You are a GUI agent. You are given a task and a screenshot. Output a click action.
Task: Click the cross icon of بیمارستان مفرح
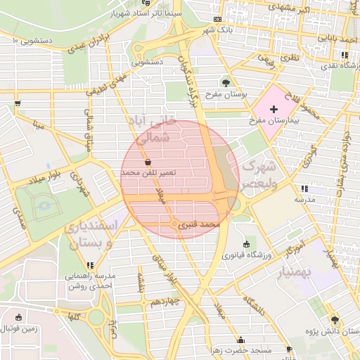[274, 110]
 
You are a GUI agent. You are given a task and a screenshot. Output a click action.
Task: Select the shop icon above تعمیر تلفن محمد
[147, 162]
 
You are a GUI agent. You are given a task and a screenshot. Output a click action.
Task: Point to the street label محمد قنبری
[200, 225]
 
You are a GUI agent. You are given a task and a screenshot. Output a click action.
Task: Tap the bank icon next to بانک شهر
[218, 19]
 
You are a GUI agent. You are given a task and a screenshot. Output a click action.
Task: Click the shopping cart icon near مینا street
[16, 103]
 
